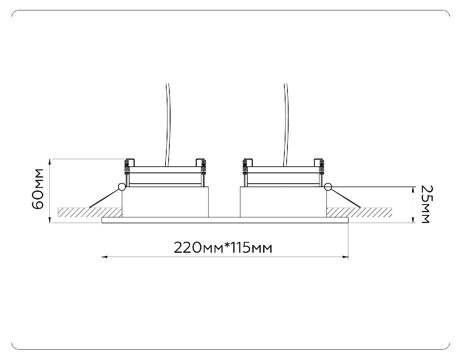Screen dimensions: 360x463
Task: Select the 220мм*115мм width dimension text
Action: point(223,247)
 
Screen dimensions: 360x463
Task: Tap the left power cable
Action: point(168,123)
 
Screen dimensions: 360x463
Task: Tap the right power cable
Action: point(286,123)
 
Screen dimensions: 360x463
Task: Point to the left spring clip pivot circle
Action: point(122,187)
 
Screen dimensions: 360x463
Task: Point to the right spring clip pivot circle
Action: point(328,187)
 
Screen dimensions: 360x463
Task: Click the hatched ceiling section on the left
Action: point(89,212)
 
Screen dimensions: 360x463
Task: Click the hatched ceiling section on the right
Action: point(359,212)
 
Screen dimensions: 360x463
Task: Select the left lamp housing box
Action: point(165,202)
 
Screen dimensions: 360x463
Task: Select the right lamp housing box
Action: point(283,202)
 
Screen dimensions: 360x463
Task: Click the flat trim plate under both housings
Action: point(225,220)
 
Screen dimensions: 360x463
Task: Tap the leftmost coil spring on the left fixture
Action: point(126,167)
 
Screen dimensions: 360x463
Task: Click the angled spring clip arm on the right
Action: point(345,198)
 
